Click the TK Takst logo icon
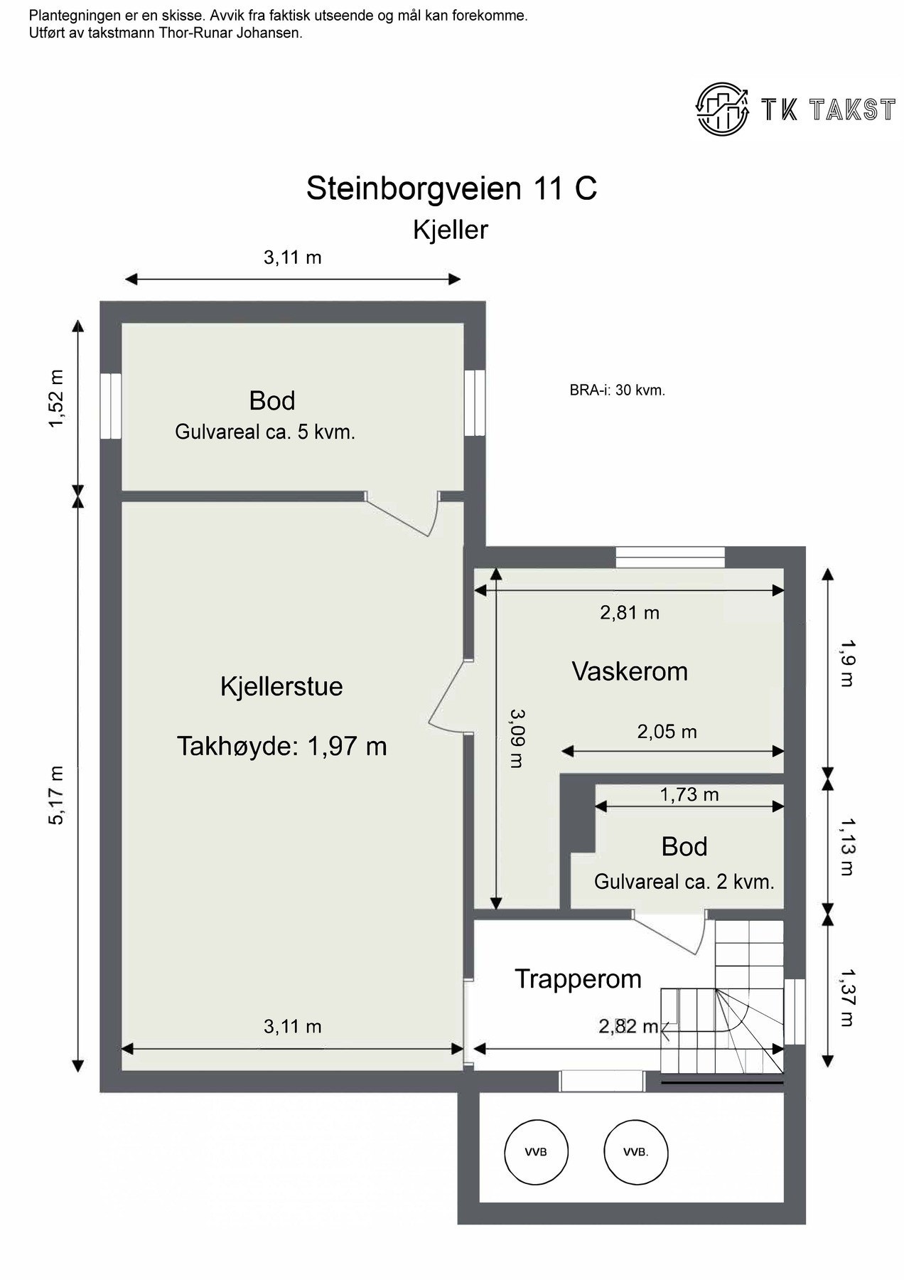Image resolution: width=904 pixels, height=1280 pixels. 722,108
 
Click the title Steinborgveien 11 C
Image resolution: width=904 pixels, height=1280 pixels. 451,188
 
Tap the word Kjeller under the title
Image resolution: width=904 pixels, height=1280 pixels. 451,230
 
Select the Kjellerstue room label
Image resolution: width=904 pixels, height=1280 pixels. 281,686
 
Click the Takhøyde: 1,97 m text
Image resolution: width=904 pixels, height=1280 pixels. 281,746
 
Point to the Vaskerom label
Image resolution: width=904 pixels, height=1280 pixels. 630,671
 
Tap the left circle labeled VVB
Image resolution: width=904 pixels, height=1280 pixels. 537,1152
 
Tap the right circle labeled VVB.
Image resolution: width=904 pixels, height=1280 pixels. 635,1152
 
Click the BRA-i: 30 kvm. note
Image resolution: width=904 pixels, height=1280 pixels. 617,390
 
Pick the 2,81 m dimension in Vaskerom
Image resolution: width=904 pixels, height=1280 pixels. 630,612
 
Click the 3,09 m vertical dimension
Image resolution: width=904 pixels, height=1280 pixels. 517,738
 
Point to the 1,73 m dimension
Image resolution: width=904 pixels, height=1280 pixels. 689,794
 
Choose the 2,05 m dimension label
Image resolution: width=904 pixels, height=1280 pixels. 667,731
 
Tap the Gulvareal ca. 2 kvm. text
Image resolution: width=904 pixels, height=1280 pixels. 684,882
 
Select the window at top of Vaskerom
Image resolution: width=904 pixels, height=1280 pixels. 670,557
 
